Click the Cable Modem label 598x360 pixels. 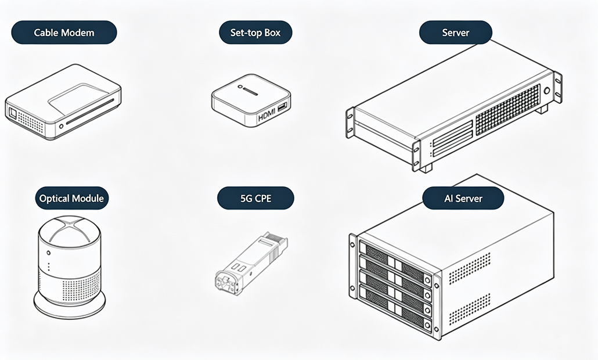pyautogui.click(x=64, y=33)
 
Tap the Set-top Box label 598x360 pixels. pyautogui.click(x=255, y=33)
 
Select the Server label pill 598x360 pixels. pyautogui.click(x=456, y=33)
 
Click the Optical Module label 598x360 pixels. pyautogui.click(x=71, y=199)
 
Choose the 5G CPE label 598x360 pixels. pyautogui.click(x=255, y=199)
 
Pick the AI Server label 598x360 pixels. pyautogui.click(x=463, y=199)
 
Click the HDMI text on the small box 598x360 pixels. pyautogui.click(x=267, y=116)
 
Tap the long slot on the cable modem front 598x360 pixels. pyautogui.click(x=90, y=111)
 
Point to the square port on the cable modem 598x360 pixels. pyautogui.click(x=13, y=113)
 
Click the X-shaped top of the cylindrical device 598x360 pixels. pyautogui.click(x=70, y=231)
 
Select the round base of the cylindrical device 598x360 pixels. pyautogui.click(x=70, y=304)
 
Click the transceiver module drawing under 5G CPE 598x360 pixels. pyautogui.click(x=251, y=263)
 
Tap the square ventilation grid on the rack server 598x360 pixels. pyautogui.click(x=508, y=110)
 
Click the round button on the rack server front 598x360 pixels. pyautogui.click(x=547, y=91)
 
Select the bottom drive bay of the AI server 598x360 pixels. pyautogui.click(x=395, y=309)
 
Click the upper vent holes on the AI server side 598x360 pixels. pyautogui.click(x=470, y=268)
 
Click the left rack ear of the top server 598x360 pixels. pyautogui.click(x=350, y=123)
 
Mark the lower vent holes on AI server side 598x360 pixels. pyautogui.click(x=470, y=309)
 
